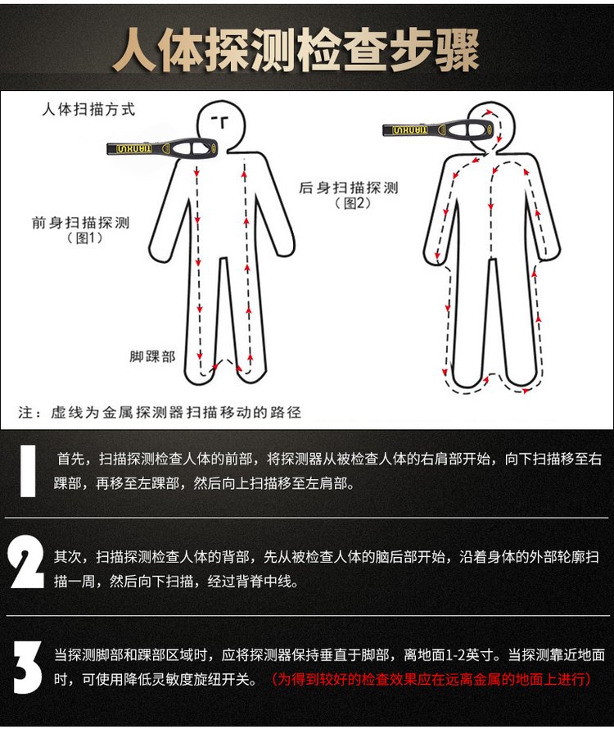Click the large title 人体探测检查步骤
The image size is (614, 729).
pyautogui.click(x=296, y=50)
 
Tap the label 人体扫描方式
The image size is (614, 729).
pyautogui.click(x=88, y=110)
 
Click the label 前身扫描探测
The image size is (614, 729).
pyautogui.click(x=80, y=223)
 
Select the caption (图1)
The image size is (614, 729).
pyautogui.click(x=85, y=238)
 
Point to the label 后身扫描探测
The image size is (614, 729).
pyautogui.click(x=349, y=188)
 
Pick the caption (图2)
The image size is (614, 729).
pyautogui.click(x=353, y=203)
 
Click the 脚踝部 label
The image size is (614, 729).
pyautogui.click(x=152, y=356)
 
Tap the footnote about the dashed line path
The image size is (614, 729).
pyautogui.click(x=160, y=412)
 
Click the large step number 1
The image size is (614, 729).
pyautogui.click(x=28, y=471)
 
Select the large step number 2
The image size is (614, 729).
pyautogui.click(x=26, y=561)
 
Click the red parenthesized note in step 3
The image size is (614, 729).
pyautogui.click(x=431, y=679)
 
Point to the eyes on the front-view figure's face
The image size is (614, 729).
pyautogui.click(x=221, y=122)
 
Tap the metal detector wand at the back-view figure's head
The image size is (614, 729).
pyautogui.click(x=437, y=129)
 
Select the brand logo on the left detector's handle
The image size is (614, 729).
pyautogui.click(x=134, y=149)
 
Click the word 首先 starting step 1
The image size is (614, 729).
pyautogui.click(x=70, y=460)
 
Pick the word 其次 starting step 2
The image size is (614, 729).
pyautogui.click(x=68, y=557)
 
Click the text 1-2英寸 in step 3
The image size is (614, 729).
pyautogui.click(x=469, y=654)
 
